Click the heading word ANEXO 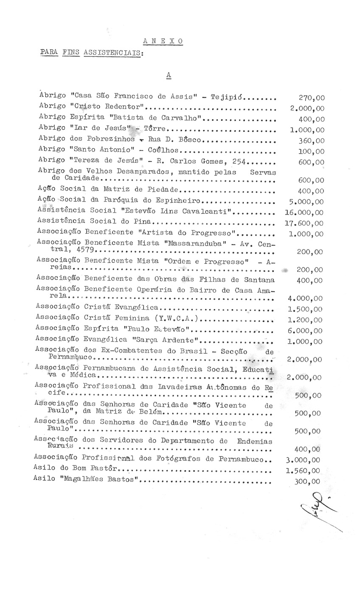[163, 41]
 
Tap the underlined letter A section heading [169, 75]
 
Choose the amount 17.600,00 [304, 223]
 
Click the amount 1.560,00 [304, 471]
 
